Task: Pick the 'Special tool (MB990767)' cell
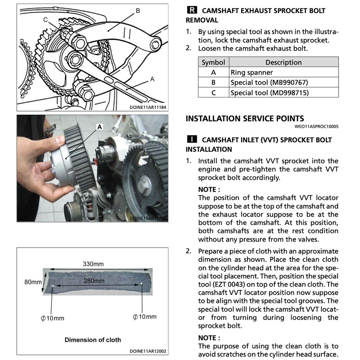(x=269, y=83)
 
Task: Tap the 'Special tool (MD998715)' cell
(x=269, y=93)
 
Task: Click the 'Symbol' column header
(x=213, y=62)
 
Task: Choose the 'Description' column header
(x=283, y=62)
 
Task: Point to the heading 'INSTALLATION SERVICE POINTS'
(x=245, y=118)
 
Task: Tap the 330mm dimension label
(x=93, y=264)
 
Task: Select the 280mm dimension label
(x=94, y=281)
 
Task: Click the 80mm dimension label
(x=33, y=282)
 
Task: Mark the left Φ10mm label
(x=52, y=318)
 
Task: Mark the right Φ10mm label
(x=144, y=317)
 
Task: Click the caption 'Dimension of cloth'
(x=92, y=340)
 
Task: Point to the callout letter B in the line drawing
(x=138, y=11)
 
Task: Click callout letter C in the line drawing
(x=45, y=20)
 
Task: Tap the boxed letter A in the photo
(x=99, y=127)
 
